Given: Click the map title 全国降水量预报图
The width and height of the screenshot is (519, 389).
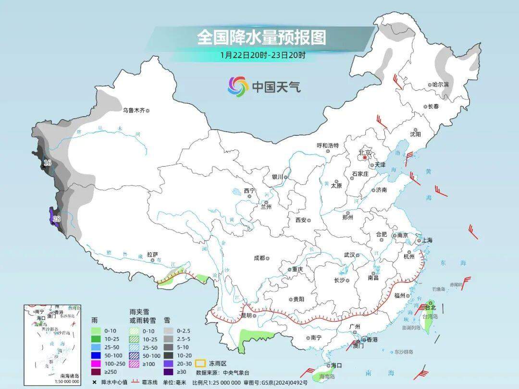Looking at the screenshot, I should click(x=261, y=37).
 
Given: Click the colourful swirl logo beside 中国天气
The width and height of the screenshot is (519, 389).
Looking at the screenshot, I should click(x=237, y=86).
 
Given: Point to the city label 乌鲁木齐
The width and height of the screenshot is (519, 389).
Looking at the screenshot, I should click(x=133, y=110).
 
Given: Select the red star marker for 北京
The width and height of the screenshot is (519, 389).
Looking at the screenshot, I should click(x=365, y=157).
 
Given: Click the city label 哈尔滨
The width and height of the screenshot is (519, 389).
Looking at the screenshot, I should click(x=441, y=85).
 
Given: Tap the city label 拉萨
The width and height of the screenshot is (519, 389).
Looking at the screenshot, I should click(x=152, y=255).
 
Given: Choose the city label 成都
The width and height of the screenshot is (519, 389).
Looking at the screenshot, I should click(x=259, y=258).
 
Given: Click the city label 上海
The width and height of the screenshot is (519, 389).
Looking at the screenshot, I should click(x=426, y=241).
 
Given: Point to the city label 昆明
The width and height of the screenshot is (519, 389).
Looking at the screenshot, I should click(x=246, y=316).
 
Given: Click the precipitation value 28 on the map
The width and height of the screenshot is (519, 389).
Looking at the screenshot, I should click(x=57, y=219).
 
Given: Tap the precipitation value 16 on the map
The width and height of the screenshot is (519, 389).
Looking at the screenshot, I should click(x=47, y=163).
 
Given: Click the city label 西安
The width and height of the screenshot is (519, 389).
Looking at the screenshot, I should click(x=301, y=219).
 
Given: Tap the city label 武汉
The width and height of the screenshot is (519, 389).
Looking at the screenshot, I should click(x=349, y=255).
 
